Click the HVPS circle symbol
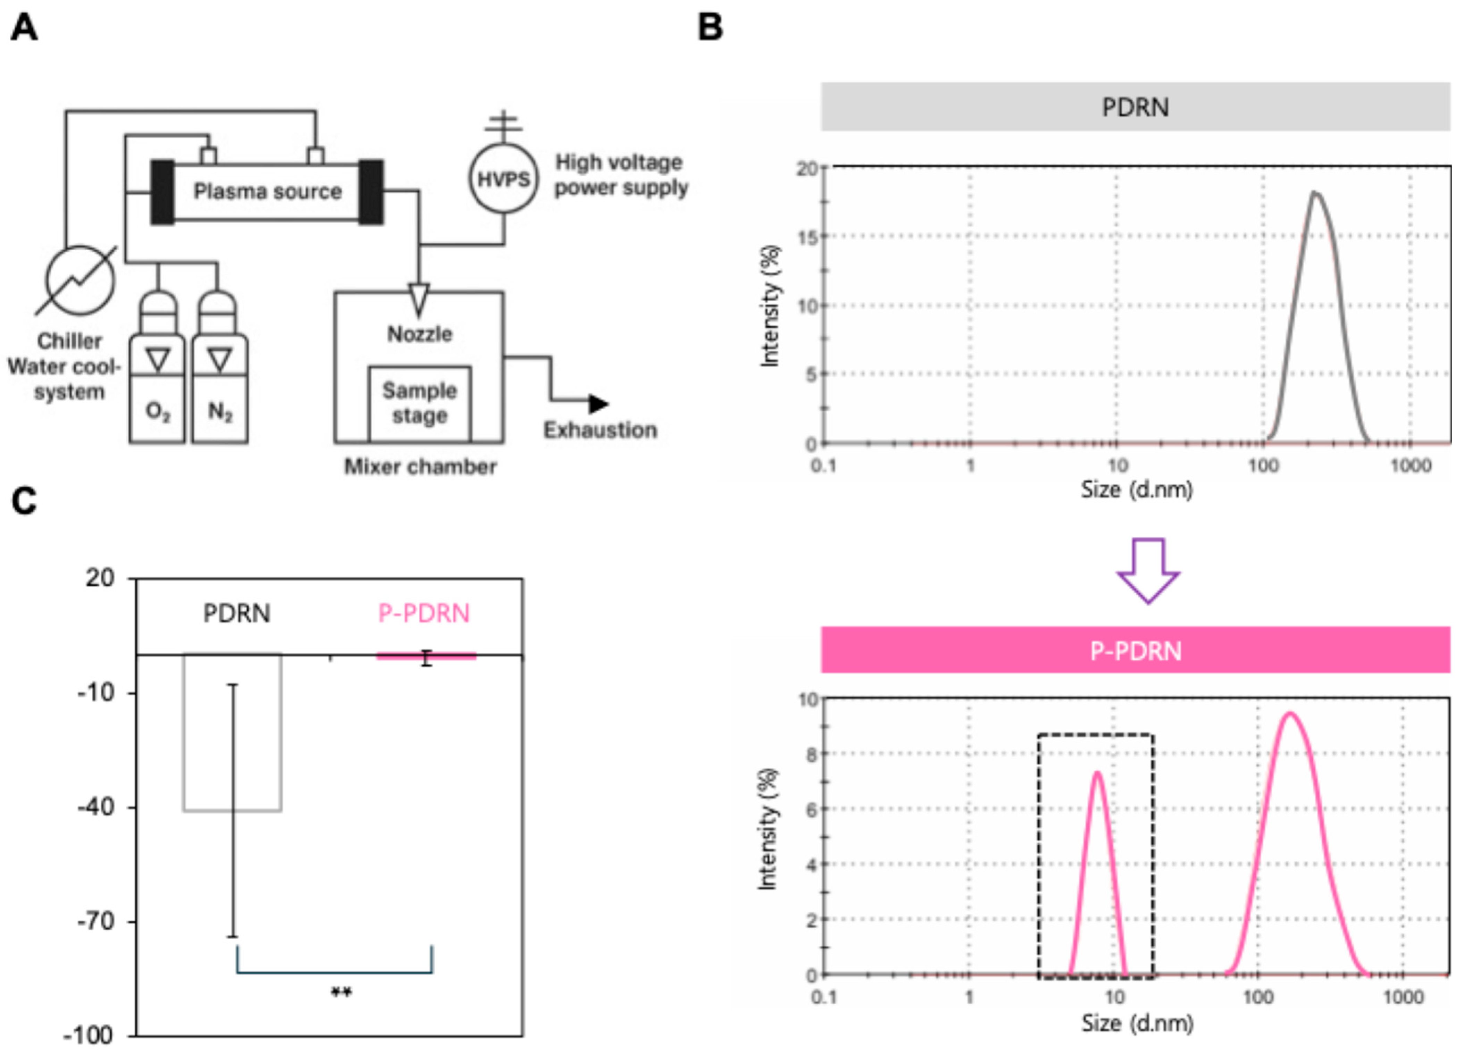(503, 179)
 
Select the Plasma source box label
(267, 192)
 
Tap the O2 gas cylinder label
(158, 411)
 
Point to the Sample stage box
(420, 403)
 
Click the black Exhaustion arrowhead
(598, 404)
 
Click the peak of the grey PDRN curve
(1315, 192)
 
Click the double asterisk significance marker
(341, 993)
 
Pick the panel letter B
(711, 28)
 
